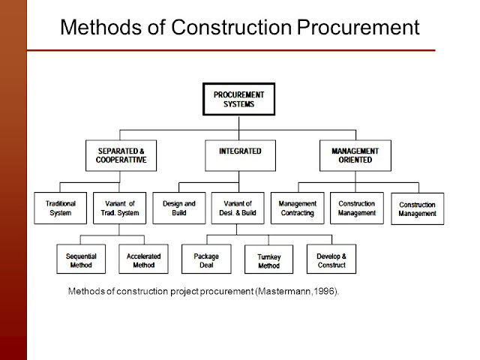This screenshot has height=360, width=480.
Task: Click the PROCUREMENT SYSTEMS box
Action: (238, 99)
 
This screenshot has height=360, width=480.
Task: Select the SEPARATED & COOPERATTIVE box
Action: (121, 155)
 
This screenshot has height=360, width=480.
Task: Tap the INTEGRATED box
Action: (240, 155)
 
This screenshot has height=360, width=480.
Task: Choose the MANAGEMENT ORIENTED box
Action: (355, 155)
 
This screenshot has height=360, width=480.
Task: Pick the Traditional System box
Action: (60, 208)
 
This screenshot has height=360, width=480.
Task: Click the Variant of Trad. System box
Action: (120, 208)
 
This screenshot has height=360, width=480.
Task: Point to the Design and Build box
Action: (179, 208)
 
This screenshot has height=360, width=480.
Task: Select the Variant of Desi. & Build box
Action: (238, 208)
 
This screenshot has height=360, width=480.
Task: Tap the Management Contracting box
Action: (298, 208)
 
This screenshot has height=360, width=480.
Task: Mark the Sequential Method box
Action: (81, 259)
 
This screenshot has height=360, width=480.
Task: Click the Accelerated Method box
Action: (143, 259)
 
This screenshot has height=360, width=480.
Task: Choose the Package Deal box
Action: (206, 259)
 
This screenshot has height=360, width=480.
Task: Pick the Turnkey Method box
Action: (268, 259)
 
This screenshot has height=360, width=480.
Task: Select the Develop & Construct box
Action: (331, 259)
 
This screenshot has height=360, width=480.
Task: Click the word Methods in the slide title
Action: (101, 27)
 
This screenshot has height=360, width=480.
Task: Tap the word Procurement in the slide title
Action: (358, 27)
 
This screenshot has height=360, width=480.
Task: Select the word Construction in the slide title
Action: (232, 27)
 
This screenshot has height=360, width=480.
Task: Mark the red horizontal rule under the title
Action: (231, 50)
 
